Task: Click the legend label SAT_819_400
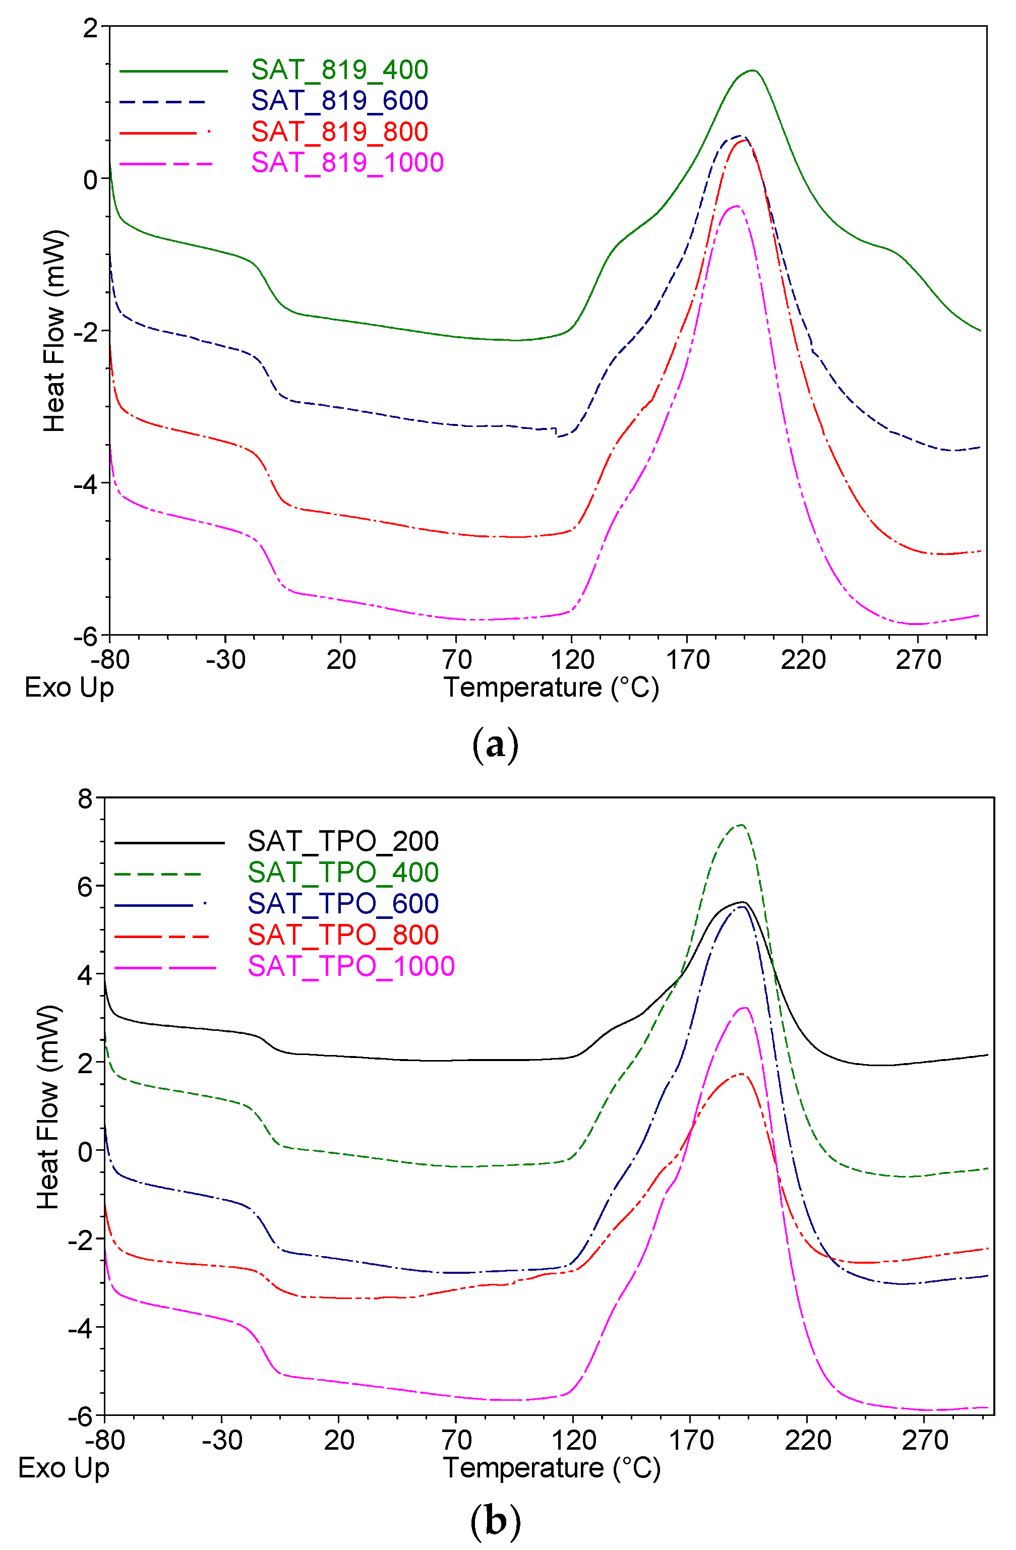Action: pyautogui.click(x=339, y=69)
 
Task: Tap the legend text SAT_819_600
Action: pyautogui.click(x=339, y=100)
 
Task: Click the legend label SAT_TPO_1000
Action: pyautogui.click(x=350, y=966)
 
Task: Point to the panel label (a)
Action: pyautogui.click(x=495, y=745)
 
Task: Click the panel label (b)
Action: pyautogui.click(x=495, y=1521)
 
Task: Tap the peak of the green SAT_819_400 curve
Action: pyautogui.click(x=753, y=71)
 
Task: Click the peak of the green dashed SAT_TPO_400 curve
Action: pyautogui.click(x=741, y=825)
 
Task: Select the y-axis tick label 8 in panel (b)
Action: pyautogui.click(x=85, y=798)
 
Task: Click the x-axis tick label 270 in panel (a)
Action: pyautogui.click(x=918, y=660)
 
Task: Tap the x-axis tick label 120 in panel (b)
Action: pyautogui.click(x=573, y=1440)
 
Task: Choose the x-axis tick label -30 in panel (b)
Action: pyautogui.click(x=221, y=1440)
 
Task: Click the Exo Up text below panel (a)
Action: pyautogui.click(x=69, y=688)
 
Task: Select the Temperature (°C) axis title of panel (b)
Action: pyautogui.click(x=551, y=1468)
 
